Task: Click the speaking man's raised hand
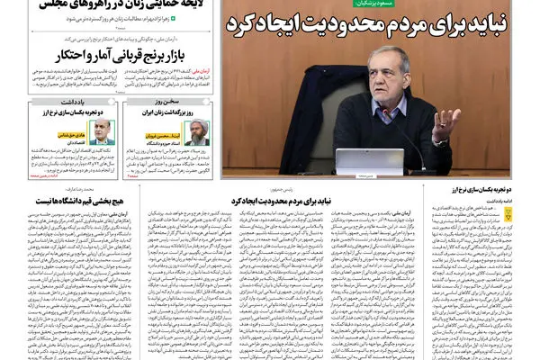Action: click(443, 121)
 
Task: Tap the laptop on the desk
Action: click(370, 162)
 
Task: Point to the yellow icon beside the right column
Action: click(514, 211)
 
